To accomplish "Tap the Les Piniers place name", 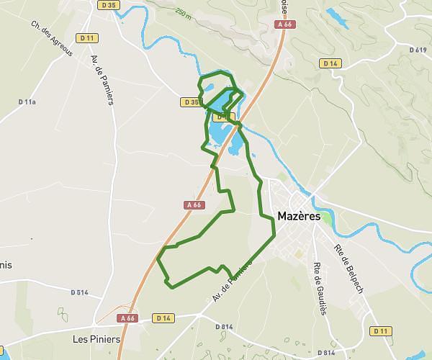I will (x=95, y=338).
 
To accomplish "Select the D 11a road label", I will (x=27, y=103).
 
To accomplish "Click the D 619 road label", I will (x=417, y=50).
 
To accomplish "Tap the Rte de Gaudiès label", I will (x=320, y=287).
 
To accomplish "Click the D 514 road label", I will (x=79, y=292).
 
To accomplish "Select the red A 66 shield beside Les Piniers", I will (x=127, y=318).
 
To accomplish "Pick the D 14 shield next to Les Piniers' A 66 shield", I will (x=164, y=318).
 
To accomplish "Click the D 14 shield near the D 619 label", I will (x=330, y=63).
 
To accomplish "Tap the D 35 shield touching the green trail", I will (x=190, y=102).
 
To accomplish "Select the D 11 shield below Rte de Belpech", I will (x=381, y=330).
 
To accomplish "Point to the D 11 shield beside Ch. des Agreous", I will (x=88, y=37).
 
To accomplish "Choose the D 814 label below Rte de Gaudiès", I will (x=327, y=353).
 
